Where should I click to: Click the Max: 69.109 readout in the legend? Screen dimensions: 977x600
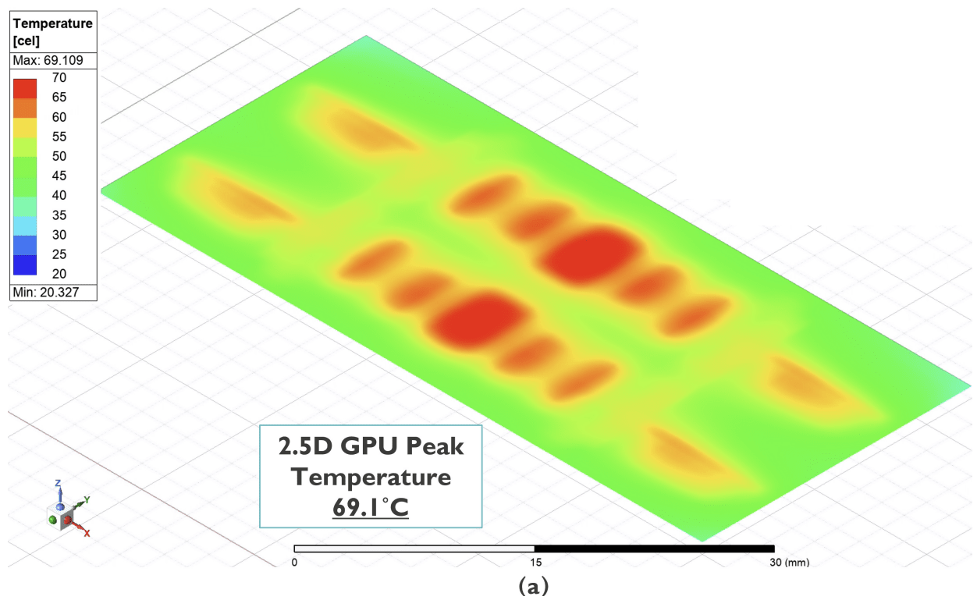click(x=48, y=60)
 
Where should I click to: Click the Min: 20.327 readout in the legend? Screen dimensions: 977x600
click(x=46, y=292)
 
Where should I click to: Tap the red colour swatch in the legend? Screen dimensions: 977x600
click(x=25, y=88)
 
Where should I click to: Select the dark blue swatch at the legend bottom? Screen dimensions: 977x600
click(x=25, y=265)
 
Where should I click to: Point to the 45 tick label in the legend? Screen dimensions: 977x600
click(x=59, y=176)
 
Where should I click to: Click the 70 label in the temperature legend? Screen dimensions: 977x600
click(x=59, y=77)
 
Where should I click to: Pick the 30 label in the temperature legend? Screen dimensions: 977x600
click(x=59, y=235)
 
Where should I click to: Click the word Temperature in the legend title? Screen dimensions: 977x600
click(x=53, y=23)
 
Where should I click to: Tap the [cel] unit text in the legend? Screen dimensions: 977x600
click(x=27, y=41)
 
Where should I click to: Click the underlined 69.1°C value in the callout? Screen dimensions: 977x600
click(x=371, y=507)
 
